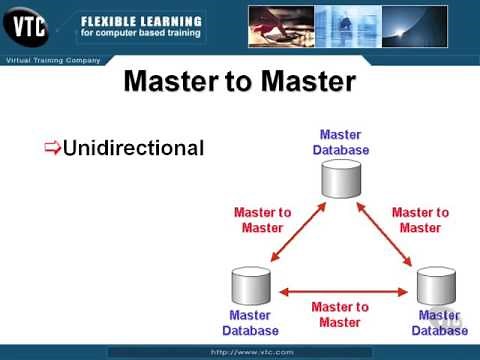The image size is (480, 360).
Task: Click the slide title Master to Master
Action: point(240,81)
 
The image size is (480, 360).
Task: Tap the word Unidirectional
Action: point(133,148)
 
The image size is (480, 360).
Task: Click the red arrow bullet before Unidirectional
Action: point(52,149)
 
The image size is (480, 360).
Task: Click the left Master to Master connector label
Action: point(262,220)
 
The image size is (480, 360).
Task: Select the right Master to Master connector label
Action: point(420,220)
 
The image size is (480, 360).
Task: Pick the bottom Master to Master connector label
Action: point(340,314)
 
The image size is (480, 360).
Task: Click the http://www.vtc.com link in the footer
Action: point(239,352)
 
